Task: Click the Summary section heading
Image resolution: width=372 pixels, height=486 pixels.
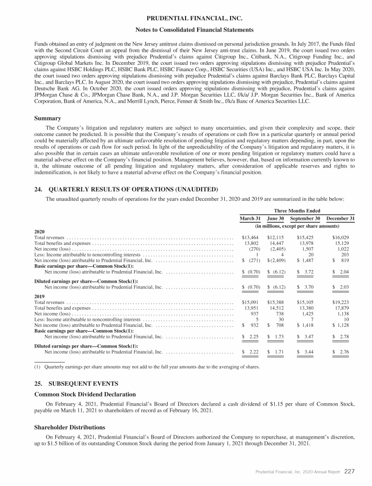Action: [47, 118]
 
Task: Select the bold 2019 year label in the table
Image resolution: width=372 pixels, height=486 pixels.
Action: [41, 296]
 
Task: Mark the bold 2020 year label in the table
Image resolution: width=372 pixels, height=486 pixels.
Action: [41, 231]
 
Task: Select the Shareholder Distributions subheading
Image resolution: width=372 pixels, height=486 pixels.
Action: [69, 427]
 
